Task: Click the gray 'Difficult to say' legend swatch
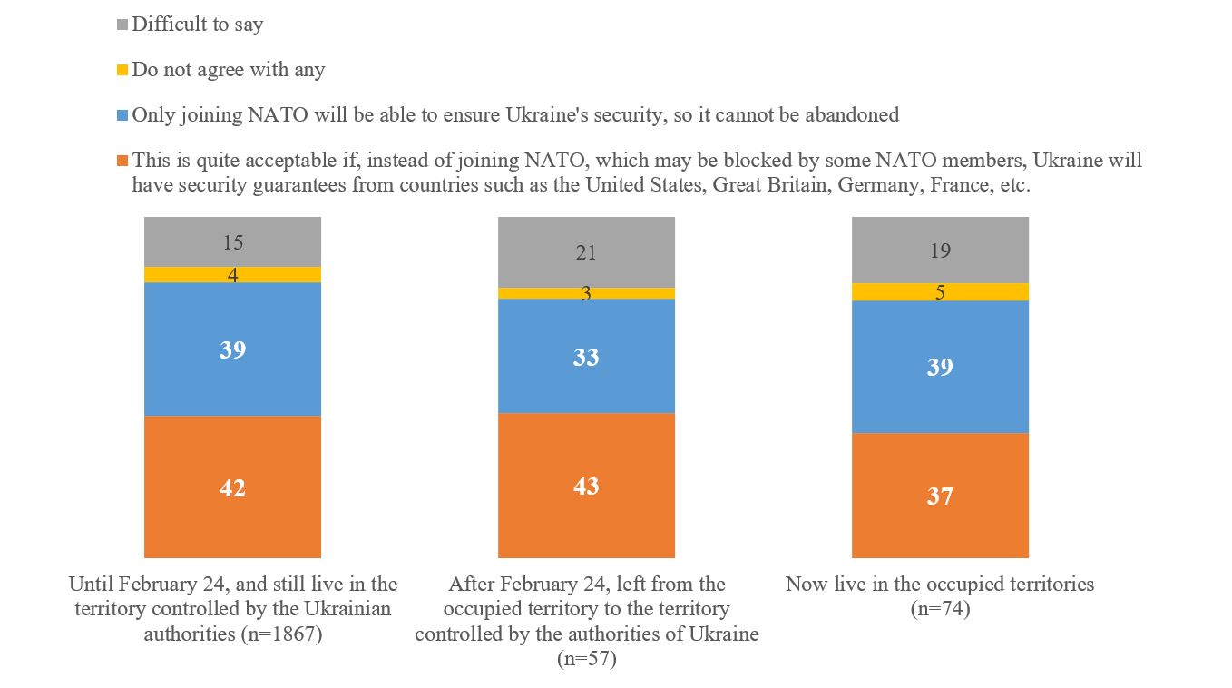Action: pos(123,25)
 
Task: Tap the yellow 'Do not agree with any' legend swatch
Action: pos(123,70)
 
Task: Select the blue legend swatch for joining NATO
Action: pos(123,115)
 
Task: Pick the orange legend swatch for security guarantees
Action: pos(123,161)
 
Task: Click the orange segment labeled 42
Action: pos(233,487)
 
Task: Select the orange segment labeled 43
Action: pos(586,485)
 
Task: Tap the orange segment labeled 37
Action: pos(940,495)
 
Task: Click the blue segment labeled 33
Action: pos(586,356)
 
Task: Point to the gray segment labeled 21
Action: pos(586,252)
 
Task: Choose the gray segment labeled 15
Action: pos(233,242)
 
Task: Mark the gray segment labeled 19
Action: pos(940,251)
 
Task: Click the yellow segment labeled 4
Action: pos(233,275)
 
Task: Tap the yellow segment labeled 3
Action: pos(586,293)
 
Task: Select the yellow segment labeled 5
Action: pos(940,292)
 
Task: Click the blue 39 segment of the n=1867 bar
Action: pos(233,349)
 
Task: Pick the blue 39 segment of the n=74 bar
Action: pos(940,367)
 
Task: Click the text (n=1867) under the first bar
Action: pos(279,634)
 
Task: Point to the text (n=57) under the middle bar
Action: pos(586,659)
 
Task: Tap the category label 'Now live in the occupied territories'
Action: pos(940,584)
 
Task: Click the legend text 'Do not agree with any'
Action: pos(229,70)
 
